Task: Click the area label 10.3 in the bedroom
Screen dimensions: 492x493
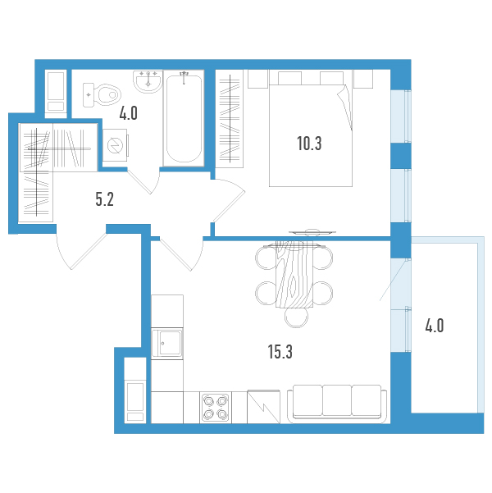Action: tap(309, 144)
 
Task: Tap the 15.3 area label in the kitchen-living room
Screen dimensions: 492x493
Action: tap(280, 352)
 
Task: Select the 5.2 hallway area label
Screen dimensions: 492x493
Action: tap(104, 199)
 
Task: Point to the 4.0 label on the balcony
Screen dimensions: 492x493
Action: tap(435, 326)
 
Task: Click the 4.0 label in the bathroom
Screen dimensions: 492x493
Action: tap(128, 113)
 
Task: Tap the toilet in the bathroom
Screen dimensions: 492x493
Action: tap(102, 94)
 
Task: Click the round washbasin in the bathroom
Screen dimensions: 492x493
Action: tap(148, 81)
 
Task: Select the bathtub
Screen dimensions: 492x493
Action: tap(184, 118)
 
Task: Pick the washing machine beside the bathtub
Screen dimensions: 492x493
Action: tap(116, 145)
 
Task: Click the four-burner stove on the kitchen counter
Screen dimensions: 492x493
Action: tap(216, 408)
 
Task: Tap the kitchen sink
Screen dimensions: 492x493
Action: tap(167, 344)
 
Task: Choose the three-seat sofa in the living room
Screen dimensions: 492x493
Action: tap(337, 404)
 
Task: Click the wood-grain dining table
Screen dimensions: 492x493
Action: tap(294, 275)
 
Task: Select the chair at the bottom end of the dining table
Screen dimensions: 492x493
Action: tap(297, 317)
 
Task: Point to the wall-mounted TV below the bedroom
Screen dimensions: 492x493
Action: tap(312, 232)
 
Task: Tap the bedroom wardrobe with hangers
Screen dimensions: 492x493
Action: tap(230, 119)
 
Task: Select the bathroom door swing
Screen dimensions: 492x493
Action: tap(144, 180)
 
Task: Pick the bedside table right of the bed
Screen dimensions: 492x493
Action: tap(363, 79)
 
